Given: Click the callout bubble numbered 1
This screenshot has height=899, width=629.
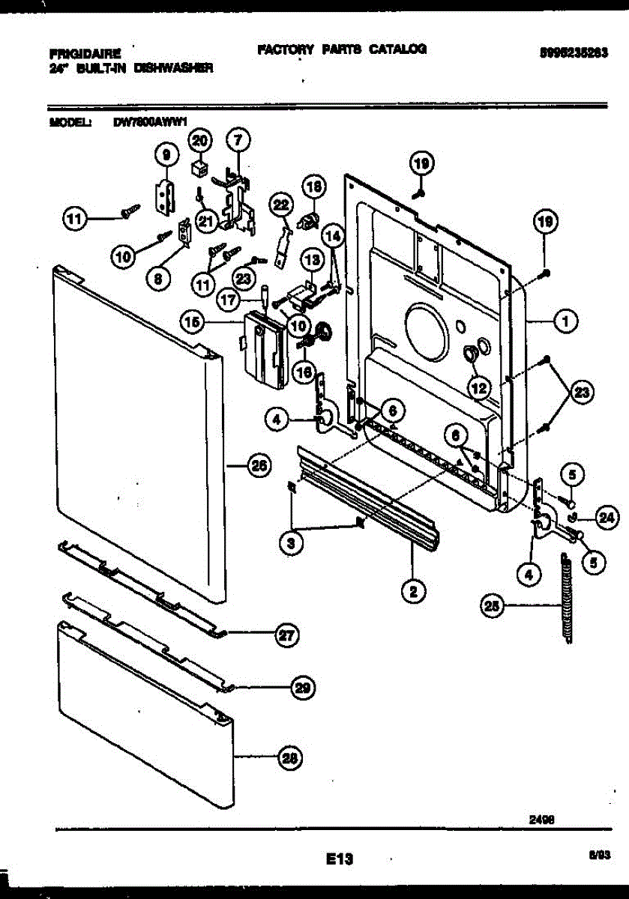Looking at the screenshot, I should (565, 321).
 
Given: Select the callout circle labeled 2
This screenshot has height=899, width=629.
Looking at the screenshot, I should (412, 592).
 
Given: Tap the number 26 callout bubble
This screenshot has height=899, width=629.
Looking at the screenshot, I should (257, 466).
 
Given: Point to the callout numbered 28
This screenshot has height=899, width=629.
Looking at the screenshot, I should (288, 758).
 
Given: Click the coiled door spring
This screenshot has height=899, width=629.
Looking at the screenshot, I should (568, 596).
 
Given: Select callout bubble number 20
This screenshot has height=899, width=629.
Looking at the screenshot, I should (200, 139).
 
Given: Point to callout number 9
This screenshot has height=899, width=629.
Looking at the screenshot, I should (166, 154).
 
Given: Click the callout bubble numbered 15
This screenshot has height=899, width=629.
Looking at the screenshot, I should (193, 322).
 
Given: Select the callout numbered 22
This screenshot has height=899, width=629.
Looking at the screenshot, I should (280, 204).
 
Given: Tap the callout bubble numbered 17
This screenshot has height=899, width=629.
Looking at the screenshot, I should (229, 298).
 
